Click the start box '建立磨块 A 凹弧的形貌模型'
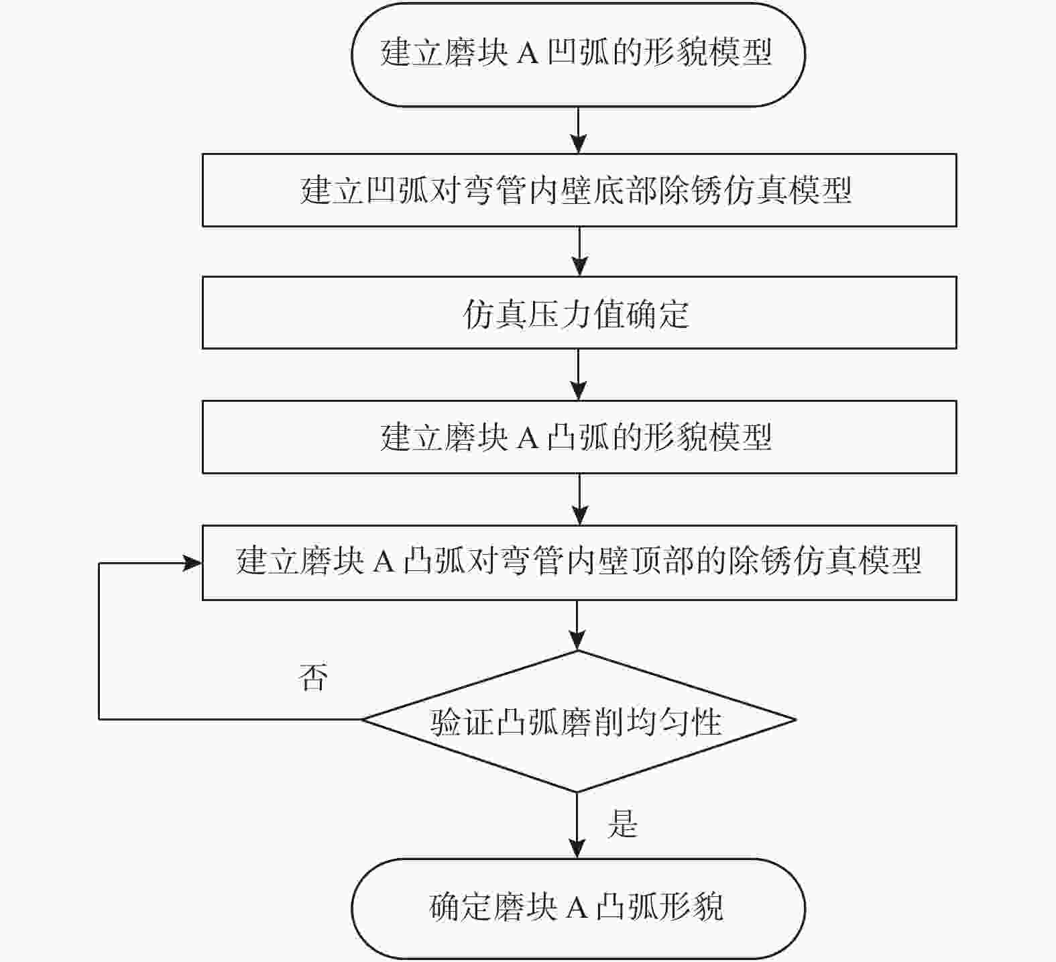[x=578, y=54]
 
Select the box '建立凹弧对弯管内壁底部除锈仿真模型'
[x=579, y=190]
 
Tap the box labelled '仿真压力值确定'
[x=579, y=313]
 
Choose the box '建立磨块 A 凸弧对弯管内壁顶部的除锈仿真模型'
[x=579, y=562]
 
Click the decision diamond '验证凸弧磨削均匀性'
[x=578, y=721]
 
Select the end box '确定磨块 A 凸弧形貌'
[x=578, y=908]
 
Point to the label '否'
[x=313, y=678]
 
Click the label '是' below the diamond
[x=622, y=823]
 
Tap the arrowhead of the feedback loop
[x=193, y=563]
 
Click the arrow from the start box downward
[x=578, y=130]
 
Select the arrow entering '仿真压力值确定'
[x=579, y=252]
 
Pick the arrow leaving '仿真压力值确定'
[x=578, y=374]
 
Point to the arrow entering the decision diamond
[x=577, y=625]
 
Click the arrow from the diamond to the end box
[x=577, y=825]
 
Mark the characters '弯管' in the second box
[x=495, y=191]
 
